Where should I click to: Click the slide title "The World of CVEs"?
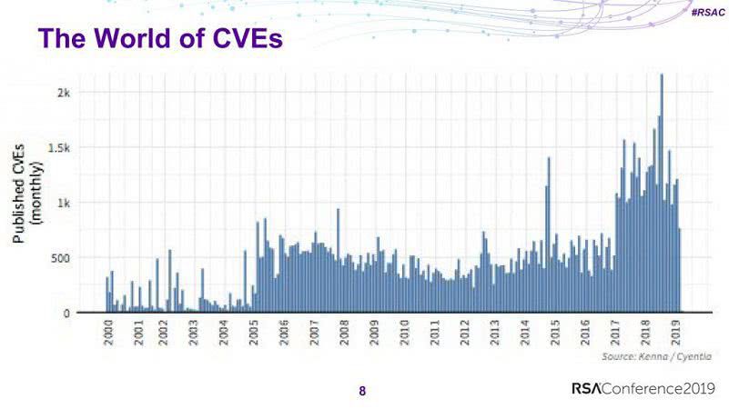[160, 40]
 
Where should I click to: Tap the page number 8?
[362, 392]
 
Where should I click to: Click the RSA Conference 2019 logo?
[643, 389]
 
